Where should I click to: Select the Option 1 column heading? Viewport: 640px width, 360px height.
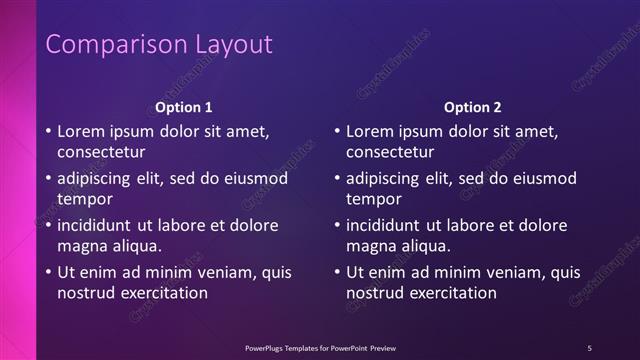(x=184, y=107)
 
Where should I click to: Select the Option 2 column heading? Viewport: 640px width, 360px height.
(x=473, y=107)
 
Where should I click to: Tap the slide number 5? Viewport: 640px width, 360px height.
(x=589, y=348)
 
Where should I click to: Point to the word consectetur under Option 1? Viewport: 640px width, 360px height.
(x=101, y=153)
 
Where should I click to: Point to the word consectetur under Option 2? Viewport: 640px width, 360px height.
(x=390, y=153)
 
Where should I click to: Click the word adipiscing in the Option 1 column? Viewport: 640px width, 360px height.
(x=99, y=178)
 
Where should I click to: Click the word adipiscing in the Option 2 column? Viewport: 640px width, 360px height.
(x=388, y=178)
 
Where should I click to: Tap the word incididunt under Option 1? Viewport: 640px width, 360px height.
(x=97, y=225)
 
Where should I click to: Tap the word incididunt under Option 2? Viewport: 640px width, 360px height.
(x=386, y=225)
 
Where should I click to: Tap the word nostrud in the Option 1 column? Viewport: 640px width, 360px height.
(x=85, y=293)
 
